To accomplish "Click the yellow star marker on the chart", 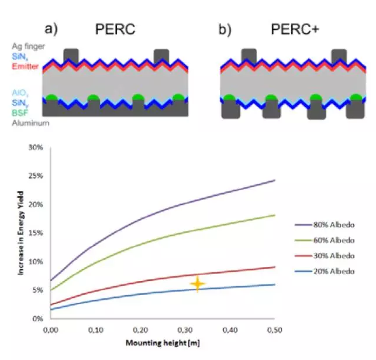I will point(198,284).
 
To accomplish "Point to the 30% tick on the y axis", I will point(36,148).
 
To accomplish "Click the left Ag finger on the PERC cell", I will point(71,56).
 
